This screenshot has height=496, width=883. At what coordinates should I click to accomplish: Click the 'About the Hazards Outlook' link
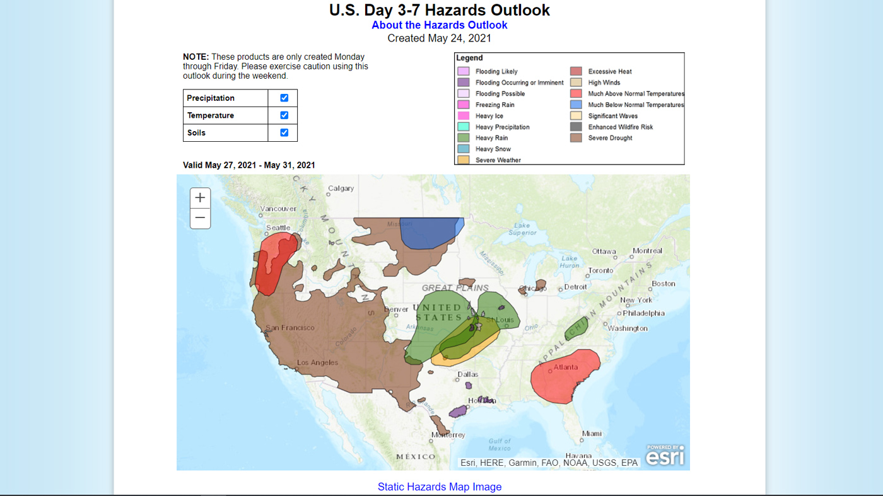[439, 25]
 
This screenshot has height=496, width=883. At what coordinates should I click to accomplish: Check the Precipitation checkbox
[284, 98]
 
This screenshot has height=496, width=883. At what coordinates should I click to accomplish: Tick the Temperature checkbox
[284, 115]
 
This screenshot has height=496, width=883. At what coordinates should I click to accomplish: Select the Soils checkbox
[284, 132]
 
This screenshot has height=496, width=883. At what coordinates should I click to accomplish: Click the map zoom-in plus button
[200, 198]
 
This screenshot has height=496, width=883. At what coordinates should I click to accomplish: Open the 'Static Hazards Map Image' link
[440, 487]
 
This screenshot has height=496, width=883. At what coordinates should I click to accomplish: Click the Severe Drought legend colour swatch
[576, 138]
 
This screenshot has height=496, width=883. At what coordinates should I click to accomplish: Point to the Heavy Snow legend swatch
[463, 149]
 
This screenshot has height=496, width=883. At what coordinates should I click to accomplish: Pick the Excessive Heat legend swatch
[576, 71]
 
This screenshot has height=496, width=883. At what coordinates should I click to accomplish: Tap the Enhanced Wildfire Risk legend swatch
[576, 127]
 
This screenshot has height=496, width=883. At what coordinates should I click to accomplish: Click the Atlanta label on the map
[566, 367]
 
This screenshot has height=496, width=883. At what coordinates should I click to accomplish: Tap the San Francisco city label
[290, 328]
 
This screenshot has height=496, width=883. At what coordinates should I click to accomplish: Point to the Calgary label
[341, 188]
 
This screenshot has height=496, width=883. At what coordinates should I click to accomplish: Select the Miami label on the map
[592, 434]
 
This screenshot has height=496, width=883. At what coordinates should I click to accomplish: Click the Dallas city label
[468, 374]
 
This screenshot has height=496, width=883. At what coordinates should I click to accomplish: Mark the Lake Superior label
[522, 229]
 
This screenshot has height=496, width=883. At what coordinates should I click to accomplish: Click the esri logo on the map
[665, 455]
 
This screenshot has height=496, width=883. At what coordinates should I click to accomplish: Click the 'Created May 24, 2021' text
[439, 38]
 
